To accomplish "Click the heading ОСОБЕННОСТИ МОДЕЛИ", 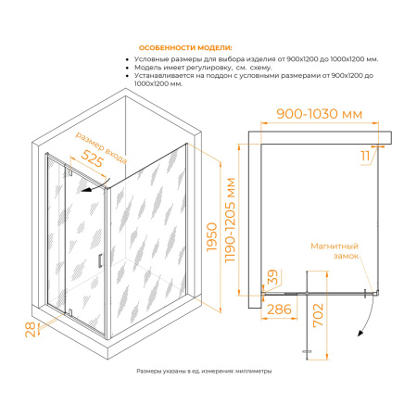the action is pos(185,48).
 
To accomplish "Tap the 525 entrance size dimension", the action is pos(92,158).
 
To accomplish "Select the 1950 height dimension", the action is pos(212,237).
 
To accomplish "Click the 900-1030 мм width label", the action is pos(320,114).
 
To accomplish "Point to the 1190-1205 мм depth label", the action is pos(230,221).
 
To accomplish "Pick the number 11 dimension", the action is pos(365,156).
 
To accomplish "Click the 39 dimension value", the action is pos(272,277).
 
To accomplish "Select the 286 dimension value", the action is pos(279,310).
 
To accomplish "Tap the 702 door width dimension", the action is pos(318,315).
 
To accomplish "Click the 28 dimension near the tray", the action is pos(31,329).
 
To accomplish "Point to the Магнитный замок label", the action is pos(335,251).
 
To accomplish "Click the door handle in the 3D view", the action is pos(100,260).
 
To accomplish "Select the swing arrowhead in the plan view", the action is pos(360,333).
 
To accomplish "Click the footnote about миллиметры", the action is pos(204,371).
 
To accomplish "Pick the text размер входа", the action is pos(101,147).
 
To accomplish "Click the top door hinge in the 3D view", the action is pos(70,171).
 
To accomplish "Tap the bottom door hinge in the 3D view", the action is pos(70,312).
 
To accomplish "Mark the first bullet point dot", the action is pos(127,59).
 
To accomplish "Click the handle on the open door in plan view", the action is pos(308,351).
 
